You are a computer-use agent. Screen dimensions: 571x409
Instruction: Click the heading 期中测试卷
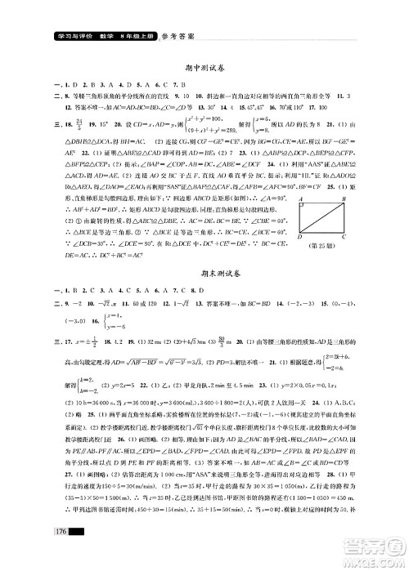(x=204, y=69)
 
